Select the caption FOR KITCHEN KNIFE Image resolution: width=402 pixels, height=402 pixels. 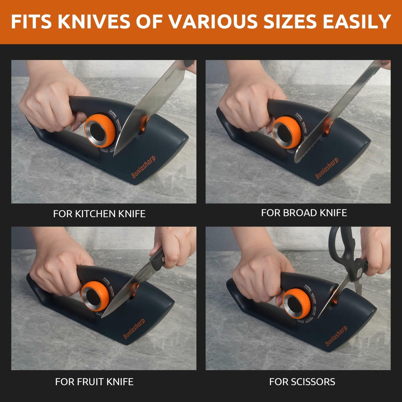99,214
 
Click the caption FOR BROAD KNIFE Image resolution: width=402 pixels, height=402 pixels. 304,213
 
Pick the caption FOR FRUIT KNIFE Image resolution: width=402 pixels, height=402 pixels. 94,381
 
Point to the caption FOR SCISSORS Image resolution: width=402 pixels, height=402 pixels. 302,381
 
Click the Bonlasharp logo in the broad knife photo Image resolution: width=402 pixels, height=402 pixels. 327,168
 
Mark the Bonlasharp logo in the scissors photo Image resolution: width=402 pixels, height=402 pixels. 336,336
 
